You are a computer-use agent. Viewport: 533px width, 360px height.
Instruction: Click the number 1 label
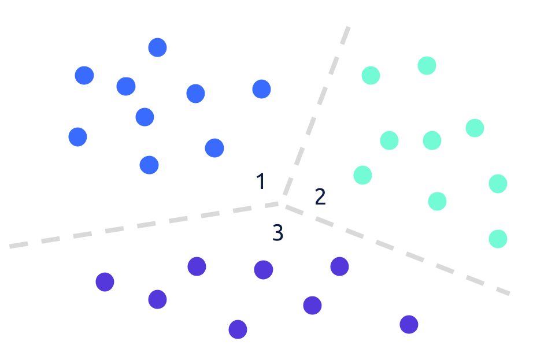261,181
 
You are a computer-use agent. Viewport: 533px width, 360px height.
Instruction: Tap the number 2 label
320,197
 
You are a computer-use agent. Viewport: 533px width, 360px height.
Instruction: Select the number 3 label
278,233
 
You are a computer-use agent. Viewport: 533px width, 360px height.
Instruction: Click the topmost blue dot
157,47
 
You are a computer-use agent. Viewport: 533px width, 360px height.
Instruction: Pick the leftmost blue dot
77,137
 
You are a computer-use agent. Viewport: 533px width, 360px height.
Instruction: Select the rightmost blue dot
261,89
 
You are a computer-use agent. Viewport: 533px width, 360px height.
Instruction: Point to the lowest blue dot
149,165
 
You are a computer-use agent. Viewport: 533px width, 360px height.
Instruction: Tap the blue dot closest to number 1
214,148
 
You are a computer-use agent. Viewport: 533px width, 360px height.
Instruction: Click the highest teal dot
427,65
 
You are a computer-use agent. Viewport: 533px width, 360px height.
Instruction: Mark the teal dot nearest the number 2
362,175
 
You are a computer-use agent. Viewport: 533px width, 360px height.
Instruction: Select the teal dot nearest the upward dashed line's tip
371,75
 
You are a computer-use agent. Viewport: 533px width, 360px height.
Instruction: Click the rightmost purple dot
409,324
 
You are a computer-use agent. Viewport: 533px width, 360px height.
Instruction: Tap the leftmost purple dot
105,282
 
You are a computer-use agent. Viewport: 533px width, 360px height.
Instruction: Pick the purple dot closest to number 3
264,270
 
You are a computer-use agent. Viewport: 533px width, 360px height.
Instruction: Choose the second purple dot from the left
157,299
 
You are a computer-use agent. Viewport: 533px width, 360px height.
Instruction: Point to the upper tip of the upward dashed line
348,27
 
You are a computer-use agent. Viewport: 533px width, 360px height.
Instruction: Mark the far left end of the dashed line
10,246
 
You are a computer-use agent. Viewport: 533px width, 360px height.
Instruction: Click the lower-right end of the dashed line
509,294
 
